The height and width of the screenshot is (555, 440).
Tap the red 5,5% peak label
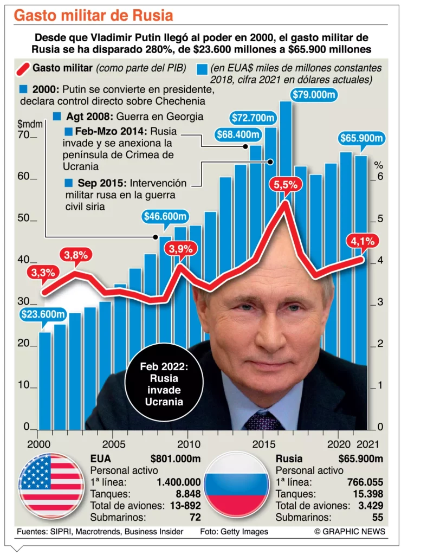(x=286, y=185)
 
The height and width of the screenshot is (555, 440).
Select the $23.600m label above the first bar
(x=43, y=314)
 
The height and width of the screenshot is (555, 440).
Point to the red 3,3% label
(x=43, y=273)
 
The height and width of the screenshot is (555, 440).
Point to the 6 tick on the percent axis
(x=380, y=177)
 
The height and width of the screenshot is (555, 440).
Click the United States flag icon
(x=51, y=486)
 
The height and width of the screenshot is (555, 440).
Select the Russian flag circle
(x=236, y=486)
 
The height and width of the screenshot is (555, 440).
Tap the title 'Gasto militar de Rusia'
(x=94, y=15)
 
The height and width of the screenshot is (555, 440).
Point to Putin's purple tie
(x=264, y=421)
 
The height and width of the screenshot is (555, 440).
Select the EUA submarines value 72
(x=195, y=518)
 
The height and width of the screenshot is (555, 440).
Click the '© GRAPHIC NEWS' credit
(x=350, y=532)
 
